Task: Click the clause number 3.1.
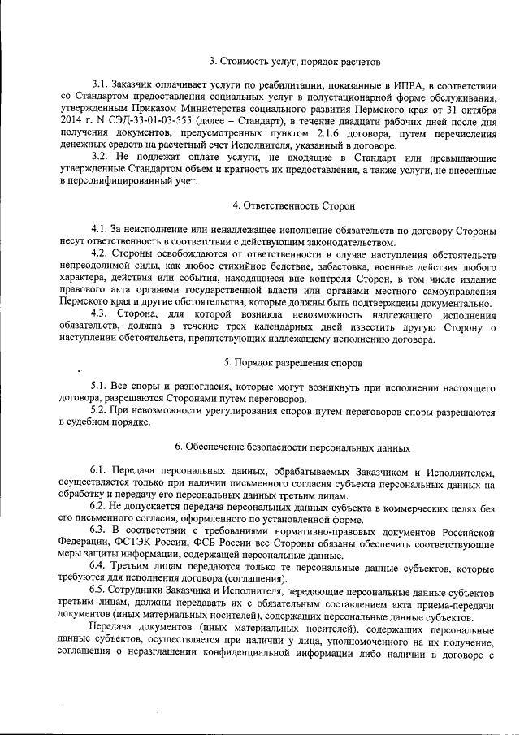(101, 84)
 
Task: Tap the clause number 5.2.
(101, 413)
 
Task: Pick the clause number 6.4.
(101, 565)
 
